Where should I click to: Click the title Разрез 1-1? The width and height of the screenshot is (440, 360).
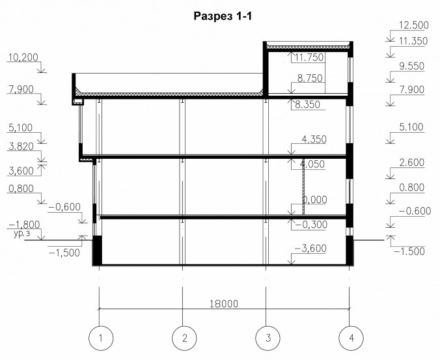(x=223, y=16)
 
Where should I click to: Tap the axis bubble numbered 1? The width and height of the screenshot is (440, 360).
(x=101, y=338)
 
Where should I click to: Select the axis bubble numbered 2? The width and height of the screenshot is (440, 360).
(x=184, y=338)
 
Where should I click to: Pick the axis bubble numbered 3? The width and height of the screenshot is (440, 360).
(x=268, y=338)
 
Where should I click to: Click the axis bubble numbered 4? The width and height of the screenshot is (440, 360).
(x=351, y=338)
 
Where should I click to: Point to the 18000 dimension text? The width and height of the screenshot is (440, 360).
(x=224, y=304)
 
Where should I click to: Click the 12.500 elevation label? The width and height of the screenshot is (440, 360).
(x=414, y=25)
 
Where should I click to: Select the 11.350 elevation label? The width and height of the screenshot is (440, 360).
(x=413, y=41)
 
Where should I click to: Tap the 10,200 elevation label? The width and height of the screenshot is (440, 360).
(x=23, y=57)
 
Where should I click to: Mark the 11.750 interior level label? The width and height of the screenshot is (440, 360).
(x=309, y=57)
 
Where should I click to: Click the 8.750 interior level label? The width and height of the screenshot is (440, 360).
(x=310, y=78)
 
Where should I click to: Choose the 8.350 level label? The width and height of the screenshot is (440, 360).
(x=308, y=104)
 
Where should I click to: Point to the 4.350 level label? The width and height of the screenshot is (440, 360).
(x=314, y=139)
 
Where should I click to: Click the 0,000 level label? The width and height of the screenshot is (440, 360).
(x=314, y=200)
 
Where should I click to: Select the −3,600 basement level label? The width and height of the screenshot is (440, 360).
(x=310, y=248)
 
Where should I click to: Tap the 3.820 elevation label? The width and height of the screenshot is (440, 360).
(x=21, y=146)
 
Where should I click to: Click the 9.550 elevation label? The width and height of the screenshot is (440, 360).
(x=411, y=66)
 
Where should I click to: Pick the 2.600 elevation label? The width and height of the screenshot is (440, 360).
(x=411, y=163)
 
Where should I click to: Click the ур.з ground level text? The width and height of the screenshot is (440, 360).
(x=22, y=234)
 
